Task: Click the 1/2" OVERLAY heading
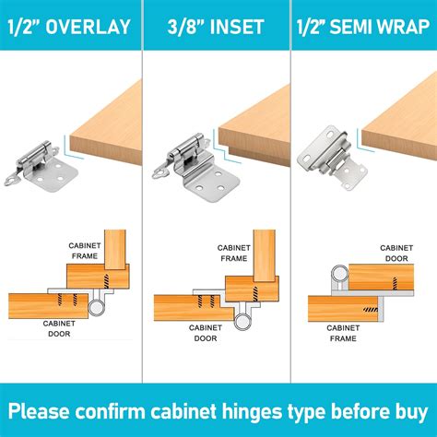coord(71,26)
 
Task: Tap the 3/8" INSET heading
coord(218,26)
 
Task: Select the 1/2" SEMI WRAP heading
coord(363,26)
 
